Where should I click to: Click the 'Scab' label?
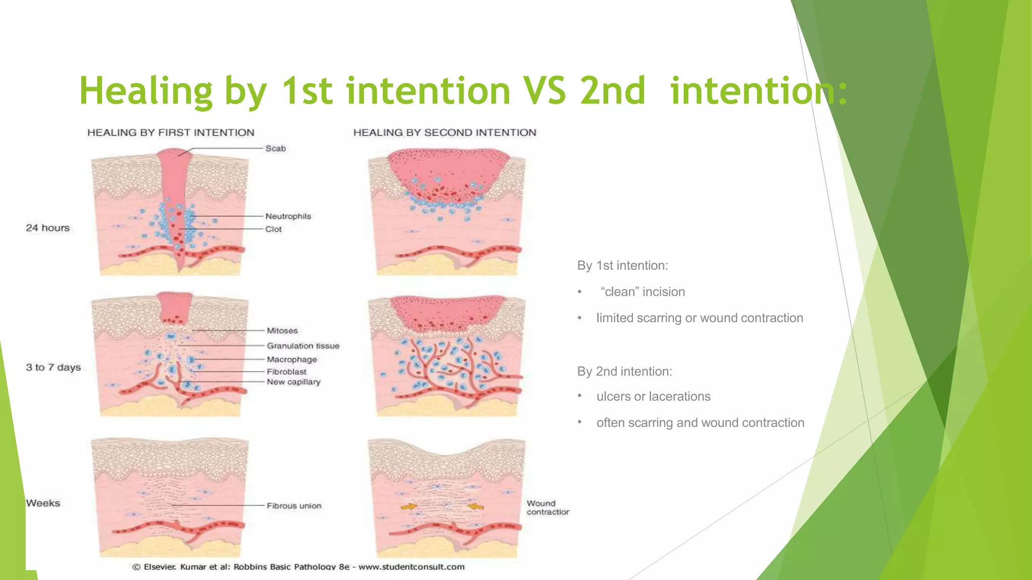pyautogui.click(x=276, y=149)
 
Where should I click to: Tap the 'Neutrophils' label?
pyautogui.click(x=288, y=216)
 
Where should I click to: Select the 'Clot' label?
pyautogui.click(x=274, y=229)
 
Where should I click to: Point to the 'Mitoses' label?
pyautogui.click(x=282, y=331)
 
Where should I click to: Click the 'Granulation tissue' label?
pyautogui.click(x=303, y=346)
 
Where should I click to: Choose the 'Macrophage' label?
pyautogui.click(x=292, y=359)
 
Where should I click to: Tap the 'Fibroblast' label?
pyautogui.click(x=287, y=372)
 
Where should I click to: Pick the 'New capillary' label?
pyautogui.click(x=293, y=382)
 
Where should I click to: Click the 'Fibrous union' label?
pyautogui.click(x=294, y=506)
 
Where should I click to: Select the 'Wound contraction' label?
pyautogui.click(x=548, y=507)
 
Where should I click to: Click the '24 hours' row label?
pyautogui.click(x=48, y=228)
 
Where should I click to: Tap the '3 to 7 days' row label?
pyautogui.click(x=53, y=368)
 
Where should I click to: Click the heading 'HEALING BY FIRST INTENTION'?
pyautogui.click(x=171, y=132)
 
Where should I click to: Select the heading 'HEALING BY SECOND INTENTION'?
pyautogui.click(x=444, y=132)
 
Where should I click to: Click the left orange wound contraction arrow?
pyautogui.click(x=409, y=506)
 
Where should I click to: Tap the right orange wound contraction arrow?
pyautogui.click(x=476, y=506)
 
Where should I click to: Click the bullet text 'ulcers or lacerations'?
pyautogui.click(x=653, y=397)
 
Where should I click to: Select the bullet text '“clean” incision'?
pyautogui.click(x=642, y=292)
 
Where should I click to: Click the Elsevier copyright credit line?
pyautogui.click(x=298, y=567)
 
